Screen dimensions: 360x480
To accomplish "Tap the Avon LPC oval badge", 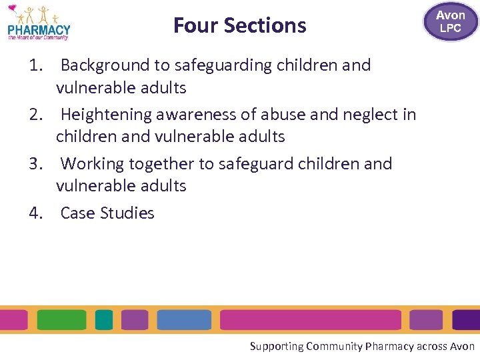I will pyautogui.click(x=451, y=21).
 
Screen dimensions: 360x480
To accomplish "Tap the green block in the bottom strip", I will pyautogui.click(x=61, y=320).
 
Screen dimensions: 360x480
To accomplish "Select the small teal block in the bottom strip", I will pyautogui.click(x=104, y=320).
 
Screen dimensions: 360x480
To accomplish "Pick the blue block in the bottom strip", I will pyautogui.click(x=184, y=320).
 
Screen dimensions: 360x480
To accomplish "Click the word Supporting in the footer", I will pyautogui.click(x=276, y=346).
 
